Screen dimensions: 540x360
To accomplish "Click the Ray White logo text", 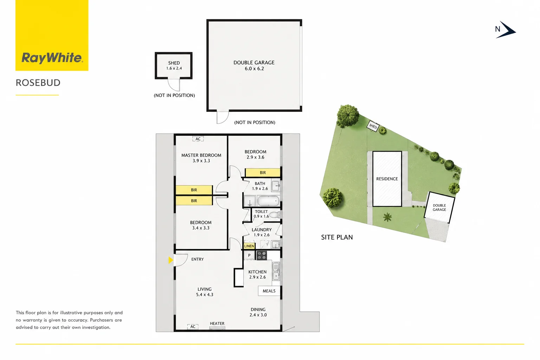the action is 52,58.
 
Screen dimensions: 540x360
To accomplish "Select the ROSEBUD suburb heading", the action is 38,83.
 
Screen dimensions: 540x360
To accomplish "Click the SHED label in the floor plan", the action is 174,63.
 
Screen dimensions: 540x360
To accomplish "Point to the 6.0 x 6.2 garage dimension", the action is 254,69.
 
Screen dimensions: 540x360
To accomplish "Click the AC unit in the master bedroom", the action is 198,139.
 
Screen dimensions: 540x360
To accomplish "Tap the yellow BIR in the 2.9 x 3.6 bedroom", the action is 263,173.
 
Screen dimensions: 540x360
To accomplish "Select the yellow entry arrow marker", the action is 171,260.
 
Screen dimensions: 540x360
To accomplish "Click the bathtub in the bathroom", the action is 268,201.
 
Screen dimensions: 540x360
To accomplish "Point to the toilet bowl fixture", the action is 275,214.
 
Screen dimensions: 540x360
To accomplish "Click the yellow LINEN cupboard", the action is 249,246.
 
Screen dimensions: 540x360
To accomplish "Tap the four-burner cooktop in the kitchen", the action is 261,256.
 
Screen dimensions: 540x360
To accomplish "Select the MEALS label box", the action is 269,291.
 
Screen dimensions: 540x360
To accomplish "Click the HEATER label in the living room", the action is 217,323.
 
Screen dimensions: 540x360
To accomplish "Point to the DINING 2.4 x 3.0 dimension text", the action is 258,315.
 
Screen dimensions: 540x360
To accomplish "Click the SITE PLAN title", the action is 337,237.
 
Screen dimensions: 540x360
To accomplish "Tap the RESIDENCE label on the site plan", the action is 387,179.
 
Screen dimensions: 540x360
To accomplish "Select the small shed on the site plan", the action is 373,126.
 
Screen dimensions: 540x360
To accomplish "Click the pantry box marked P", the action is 249,255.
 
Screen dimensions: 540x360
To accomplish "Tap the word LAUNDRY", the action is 262,230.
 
